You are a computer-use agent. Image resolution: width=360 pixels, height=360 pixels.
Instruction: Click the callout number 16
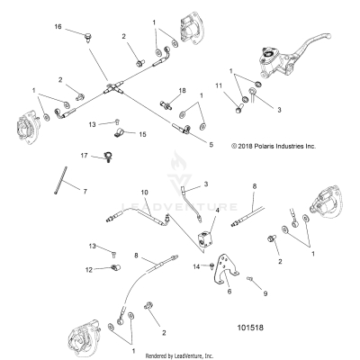point(58,28)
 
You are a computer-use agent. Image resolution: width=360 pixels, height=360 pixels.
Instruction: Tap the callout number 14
point(197,266)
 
